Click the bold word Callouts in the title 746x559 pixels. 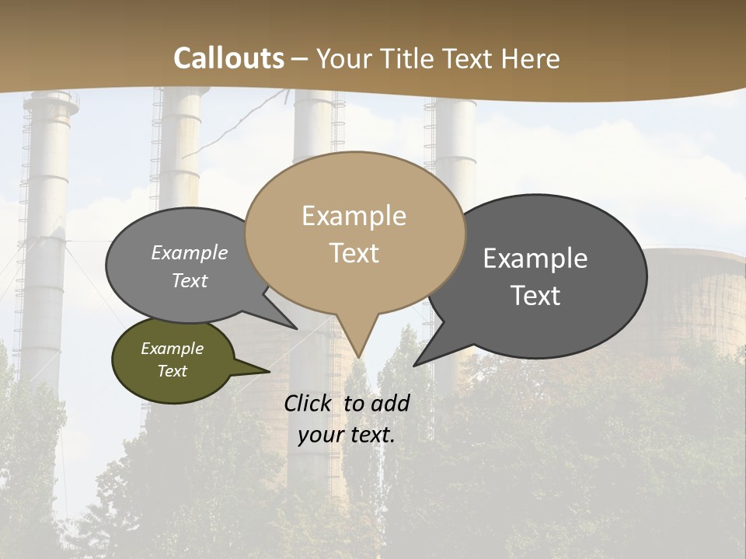(x=228, y=58)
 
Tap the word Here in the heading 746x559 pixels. (x=532, y=58)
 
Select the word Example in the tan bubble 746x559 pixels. (x=354, y=216)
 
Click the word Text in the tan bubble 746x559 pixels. (x=354, y=252)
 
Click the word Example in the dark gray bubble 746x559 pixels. (x=535, y=259)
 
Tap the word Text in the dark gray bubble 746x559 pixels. (x=535, y=295)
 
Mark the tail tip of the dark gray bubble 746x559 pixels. (x=415, y=365)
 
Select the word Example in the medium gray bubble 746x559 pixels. (x=190, y=253)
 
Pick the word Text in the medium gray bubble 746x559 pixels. (x=190, y=280)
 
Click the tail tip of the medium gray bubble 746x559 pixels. (x=297, y=328)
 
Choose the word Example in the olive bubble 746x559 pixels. (x=173, y=349)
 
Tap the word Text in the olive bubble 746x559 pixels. (x=173, y=371)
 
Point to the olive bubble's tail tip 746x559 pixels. (x=269, y=372)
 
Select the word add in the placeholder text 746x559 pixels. (x=390, y=403)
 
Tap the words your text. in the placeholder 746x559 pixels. (x=347, y=435)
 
